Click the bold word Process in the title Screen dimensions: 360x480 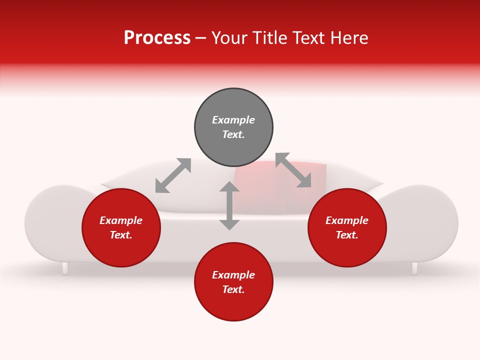coord(157,38)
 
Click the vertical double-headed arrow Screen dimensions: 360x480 coord(229,206)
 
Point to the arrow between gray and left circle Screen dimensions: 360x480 coord(173,175)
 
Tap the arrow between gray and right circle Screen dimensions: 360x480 coord(293,170)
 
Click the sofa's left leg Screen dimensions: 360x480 coord(65,268)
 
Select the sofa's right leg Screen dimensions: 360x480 coord(414,268)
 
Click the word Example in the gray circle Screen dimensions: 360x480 coord(233,120)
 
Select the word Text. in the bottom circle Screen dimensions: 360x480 coord(233,289)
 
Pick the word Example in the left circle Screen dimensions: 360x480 coord(121,220)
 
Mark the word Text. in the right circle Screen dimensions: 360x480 coord(347,235)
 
